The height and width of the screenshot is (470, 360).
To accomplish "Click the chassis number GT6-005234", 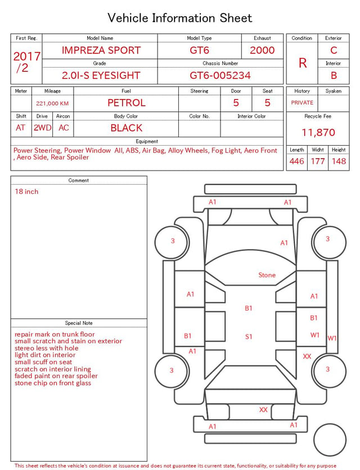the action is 220,75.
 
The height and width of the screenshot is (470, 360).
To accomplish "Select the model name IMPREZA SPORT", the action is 101,50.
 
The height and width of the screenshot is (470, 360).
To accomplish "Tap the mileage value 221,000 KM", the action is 52,104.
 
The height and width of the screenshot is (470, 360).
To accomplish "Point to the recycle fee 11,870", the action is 318,132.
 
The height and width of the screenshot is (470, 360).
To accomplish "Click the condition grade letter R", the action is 303,63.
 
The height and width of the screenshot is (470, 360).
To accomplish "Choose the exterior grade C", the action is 334,50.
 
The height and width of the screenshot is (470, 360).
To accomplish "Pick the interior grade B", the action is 334,75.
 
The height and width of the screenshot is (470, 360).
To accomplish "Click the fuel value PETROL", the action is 127,103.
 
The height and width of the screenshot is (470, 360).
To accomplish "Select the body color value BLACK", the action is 127,128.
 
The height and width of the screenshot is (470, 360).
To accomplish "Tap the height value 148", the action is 339,161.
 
